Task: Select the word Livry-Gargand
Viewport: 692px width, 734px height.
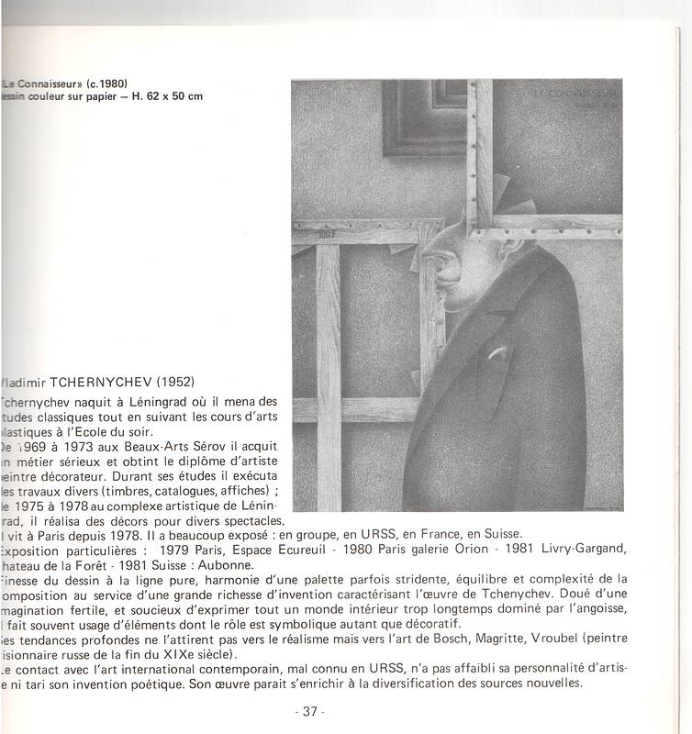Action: pyautogui.click(x=580, y=549)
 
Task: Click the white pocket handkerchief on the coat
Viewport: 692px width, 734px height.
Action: pyautogui.click(x=497, y=354)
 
